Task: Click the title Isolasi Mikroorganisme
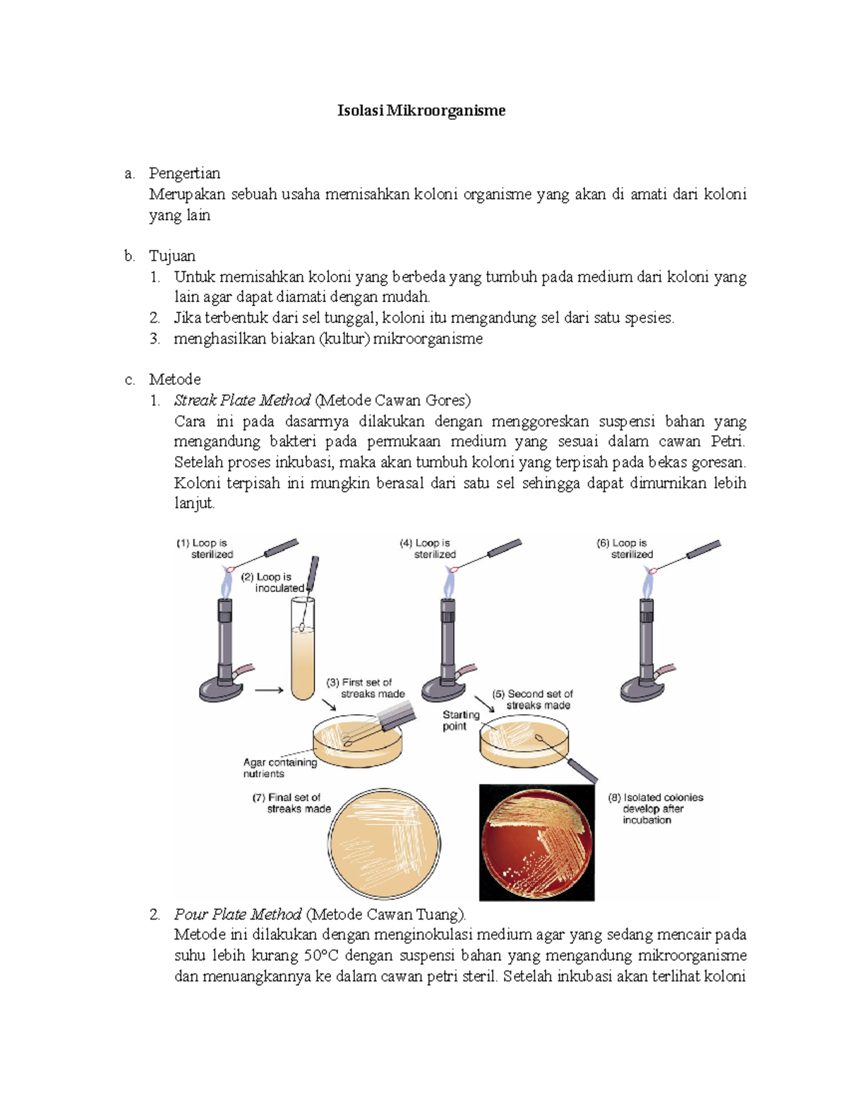tap(421, 111)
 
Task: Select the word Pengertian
tap(184, 173)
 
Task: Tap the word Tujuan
tap(172, 255)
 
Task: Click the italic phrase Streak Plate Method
tap(242, 400)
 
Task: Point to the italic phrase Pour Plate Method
tap(238, 914)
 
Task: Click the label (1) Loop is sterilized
tap(205, 548)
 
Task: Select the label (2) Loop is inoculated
tap(274, 582)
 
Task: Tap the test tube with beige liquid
tap(303, 656)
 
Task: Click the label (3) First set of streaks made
tap(366, 688)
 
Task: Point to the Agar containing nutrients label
tap(280, 768)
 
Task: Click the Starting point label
tap(460, 721)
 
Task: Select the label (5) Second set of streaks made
tap(533, 699)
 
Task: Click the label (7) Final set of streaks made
tap(292, 803)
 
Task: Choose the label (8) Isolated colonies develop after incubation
tap(655, 808)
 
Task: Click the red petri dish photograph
tap(536, 843)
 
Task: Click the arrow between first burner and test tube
tap(268, 690)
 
